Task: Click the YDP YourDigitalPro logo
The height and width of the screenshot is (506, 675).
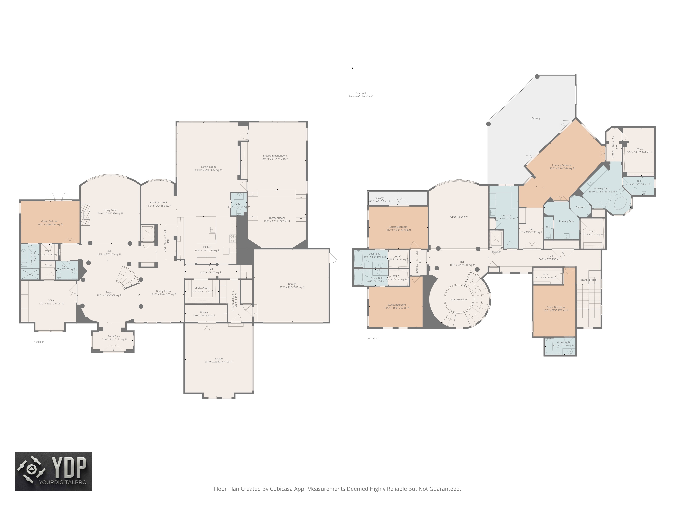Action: pyautogui.click(x=53, y=471)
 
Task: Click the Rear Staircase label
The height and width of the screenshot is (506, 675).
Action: pyautogui.click(x=588, y=280)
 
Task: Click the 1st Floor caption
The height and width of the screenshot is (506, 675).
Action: pyautogui.click(x=39, y=342)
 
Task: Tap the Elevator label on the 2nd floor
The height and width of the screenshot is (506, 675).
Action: pyautogui.click(x=496, y=252)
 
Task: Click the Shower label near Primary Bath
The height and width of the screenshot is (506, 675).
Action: pyautogui.click(x=580, y=207)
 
